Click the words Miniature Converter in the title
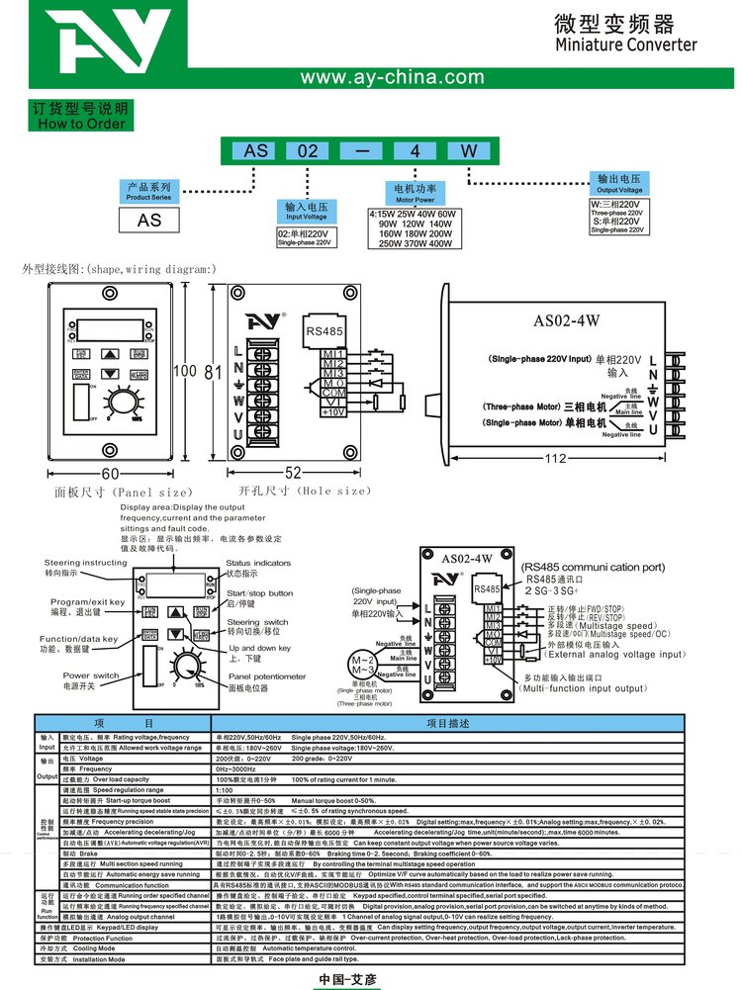(x=625, y=45)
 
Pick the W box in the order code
(x=467, y=151)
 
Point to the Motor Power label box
(x=415, y=192)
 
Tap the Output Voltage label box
(x=619, y=184)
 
